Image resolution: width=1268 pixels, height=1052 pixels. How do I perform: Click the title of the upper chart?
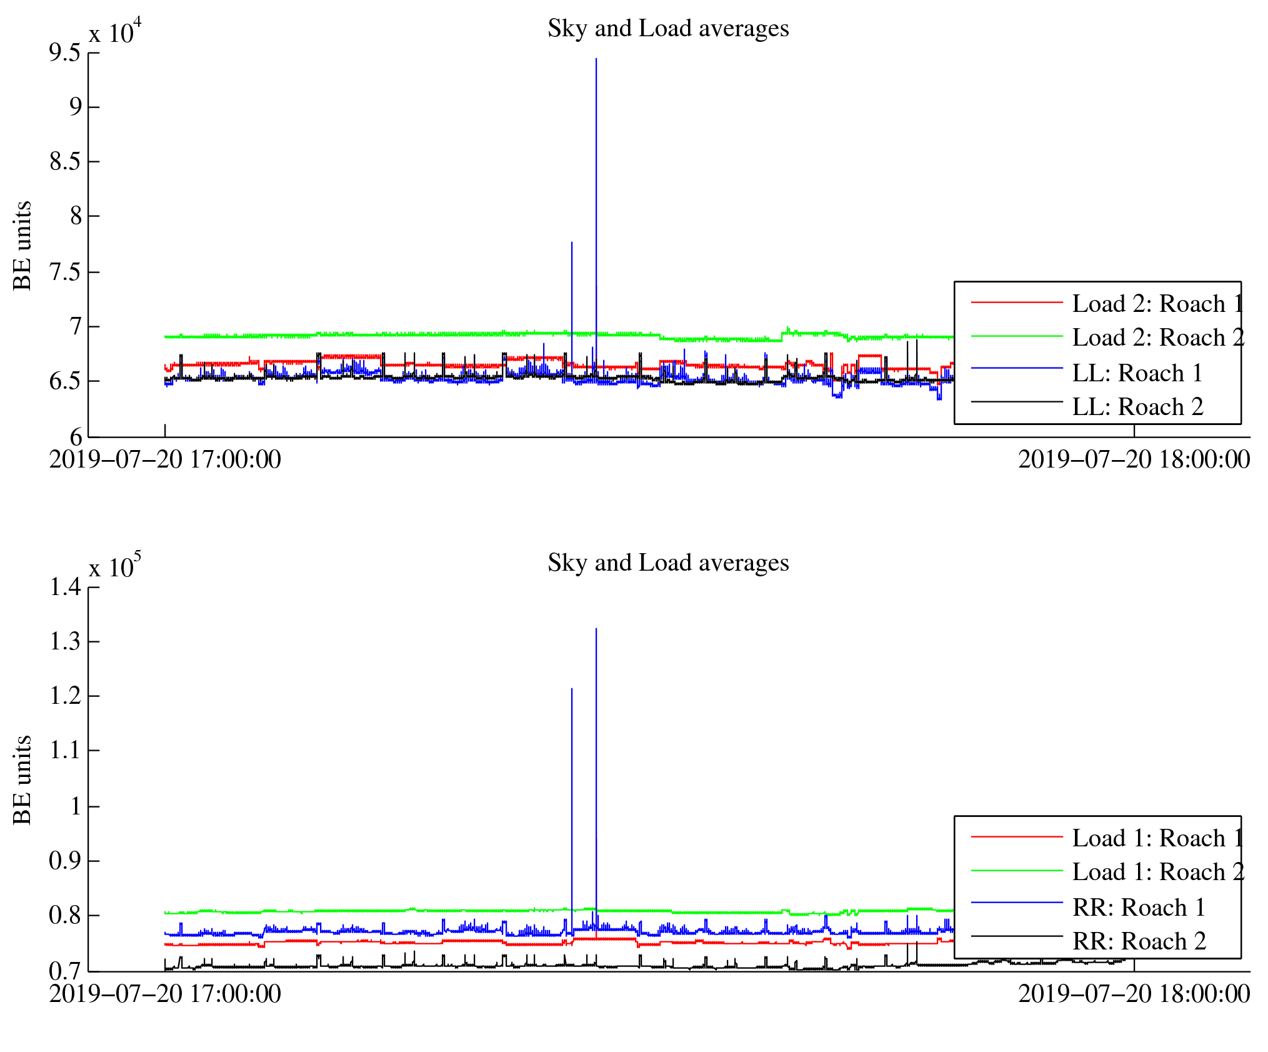(668, 29)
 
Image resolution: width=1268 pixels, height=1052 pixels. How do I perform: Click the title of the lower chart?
(668, 563)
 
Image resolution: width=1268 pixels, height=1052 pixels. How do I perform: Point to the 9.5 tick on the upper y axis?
(65, 53)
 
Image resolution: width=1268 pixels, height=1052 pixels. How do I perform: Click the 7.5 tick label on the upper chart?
(65, 273)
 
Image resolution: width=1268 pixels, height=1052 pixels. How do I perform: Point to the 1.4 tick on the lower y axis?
(65, 588)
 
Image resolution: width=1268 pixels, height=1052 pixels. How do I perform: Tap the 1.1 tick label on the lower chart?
(65, 750)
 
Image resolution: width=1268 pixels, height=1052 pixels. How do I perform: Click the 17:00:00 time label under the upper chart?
(165, 460)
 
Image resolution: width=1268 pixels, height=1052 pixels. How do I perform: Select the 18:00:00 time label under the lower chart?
(1134, 994)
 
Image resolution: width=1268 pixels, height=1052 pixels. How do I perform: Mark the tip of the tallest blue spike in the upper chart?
(596, 59)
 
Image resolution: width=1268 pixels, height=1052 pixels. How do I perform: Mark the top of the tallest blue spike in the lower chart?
(596, 629)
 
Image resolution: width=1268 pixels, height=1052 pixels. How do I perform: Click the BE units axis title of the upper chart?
(22, 245)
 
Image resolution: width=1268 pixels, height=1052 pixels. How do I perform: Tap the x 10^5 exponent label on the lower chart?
(115, 566)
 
